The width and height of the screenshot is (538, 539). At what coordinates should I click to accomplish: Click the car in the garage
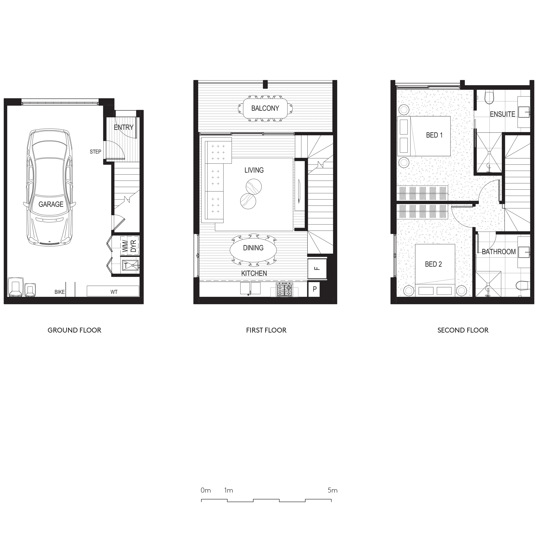50,187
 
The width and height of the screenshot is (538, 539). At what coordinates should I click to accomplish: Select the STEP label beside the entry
95,152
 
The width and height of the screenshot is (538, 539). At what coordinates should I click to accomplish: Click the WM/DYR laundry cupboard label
130,246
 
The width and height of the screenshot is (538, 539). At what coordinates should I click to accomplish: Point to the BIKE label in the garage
59,292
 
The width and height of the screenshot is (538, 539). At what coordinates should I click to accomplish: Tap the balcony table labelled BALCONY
265,108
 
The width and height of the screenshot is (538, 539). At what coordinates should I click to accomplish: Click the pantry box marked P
314,289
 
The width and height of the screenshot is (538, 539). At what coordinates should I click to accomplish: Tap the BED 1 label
434,135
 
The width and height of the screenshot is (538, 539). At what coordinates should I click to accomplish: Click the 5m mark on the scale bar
332,490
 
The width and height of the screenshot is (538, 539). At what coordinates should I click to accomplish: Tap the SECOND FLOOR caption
463,330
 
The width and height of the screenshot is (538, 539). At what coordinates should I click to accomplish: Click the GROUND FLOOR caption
74,330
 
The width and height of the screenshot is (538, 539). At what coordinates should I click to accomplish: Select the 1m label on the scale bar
228,490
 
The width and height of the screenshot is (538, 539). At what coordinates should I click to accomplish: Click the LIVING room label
254,170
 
